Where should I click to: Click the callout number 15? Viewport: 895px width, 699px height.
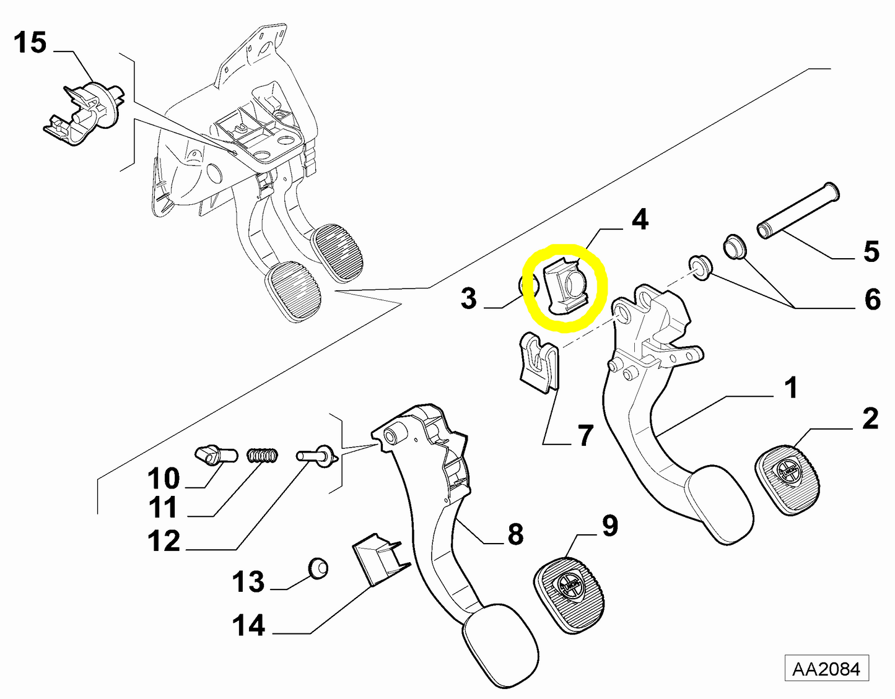point(30,43)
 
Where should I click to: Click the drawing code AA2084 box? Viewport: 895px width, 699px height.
point(826,669)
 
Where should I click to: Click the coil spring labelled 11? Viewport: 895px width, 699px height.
point(263,456)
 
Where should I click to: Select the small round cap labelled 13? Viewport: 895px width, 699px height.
point(318,568)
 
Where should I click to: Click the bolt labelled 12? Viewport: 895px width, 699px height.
point(315,457)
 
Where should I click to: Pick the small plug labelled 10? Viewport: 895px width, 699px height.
point(214,456)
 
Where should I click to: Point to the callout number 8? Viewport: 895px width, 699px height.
point(515,534)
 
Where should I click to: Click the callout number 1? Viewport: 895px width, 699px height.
point(790,388)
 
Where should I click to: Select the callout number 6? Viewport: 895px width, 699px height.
point(871,299)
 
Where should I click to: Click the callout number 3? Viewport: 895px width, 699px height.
point(469,298)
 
